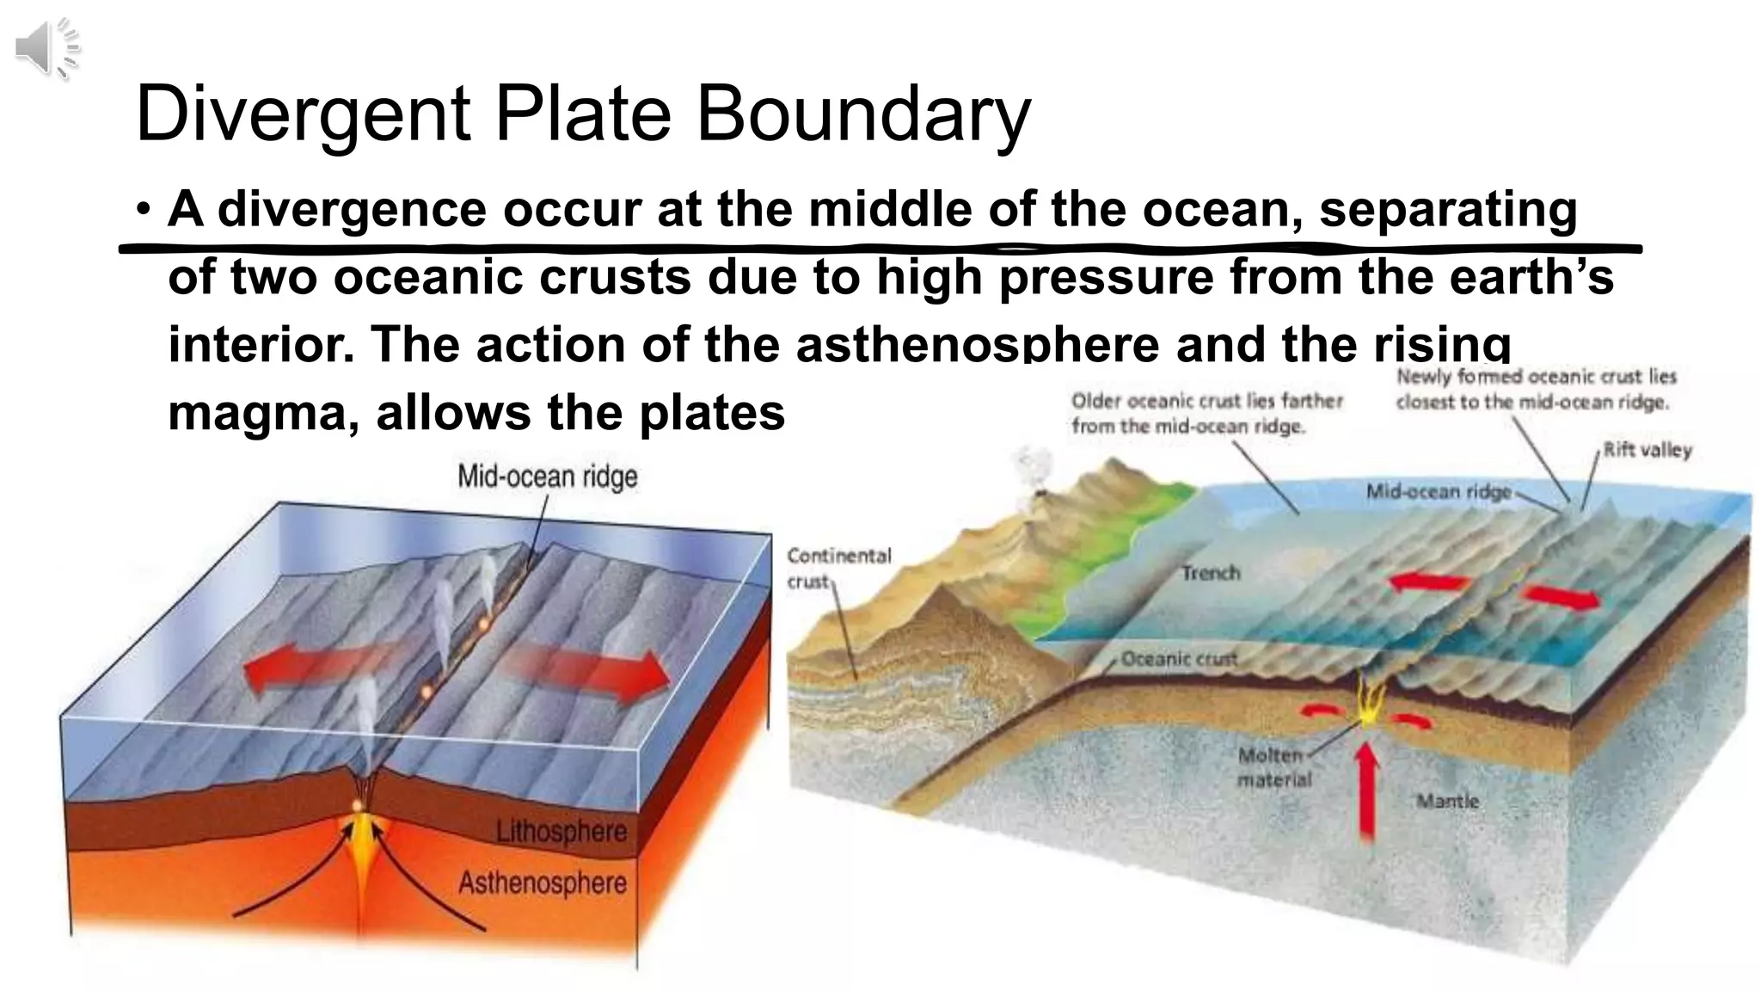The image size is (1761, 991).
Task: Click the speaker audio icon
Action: pos(46,48)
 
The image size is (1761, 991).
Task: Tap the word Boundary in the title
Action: pos(862,114)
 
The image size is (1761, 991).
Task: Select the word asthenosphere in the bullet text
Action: pos(978,344)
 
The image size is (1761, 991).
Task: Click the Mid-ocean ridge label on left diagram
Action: pos(547,477)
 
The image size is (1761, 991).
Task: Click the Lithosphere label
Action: pos(561,832)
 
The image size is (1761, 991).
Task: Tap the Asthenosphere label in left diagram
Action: pos(543,883)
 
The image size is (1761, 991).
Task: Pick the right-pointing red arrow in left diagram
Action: pos(593,673)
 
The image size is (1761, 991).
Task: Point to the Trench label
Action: pos(1210,573)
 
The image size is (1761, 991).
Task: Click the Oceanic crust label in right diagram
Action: pos(1179,659)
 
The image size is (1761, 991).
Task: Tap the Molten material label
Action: pos(1273,767)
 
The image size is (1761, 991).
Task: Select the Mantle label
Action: pos(1448,801)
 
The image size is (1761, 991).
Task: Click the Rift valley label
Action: pos(1647,450)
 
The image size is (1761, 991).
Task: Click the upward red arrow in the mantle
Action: pos(1365,791)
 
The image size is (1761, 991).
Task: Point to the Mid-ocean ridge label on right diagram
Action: pos(1439,492)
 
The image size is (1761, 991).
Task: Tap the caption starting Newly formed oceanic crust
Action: pos(1535,389)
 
